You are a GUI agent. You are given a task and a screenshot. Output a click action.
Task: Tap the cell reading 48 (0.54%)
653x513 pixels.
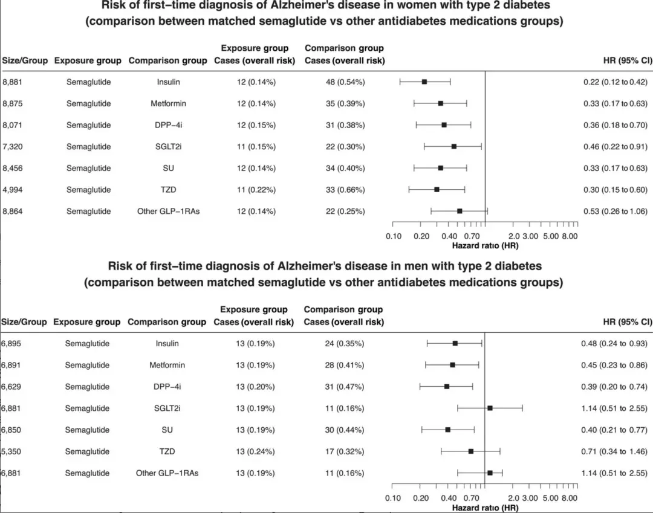coord(343,82)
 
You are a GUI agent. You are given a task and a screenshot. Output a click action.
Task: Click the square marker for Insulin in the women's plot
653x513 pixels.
coord(424,82)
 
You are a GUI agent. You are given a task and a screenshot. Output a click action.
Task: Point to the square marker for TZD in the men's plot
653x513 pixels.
coord(471,451)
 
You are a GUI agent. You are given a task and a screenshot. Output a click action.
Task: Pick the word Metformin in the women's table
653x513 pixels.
coord(168,103)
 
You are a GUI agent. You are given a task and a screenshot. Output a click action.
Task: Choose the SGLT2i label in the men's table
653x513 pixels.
coord(167,408)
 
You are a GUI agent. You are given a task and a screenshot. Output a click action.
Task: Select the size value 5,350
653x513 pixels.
coord(12,451)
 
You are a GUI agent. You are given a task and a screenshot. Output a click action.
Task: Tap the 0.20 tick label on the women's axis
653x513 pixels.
coord(421,236)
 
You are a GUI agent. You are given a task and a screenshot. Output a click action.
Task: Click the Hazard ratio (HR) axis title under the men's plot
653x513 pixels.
coord(485,508)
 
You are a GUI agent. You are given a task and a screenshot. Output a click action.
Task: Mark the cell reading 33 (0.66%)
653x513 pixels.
coord(343,190)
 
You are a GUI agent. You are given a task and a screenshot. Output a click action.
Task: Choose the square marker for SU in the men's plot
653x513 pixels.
coord(448,430)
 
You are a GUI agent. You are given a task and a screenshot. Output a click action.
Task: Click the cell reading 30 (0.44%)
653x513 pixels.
coord(343,430)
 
